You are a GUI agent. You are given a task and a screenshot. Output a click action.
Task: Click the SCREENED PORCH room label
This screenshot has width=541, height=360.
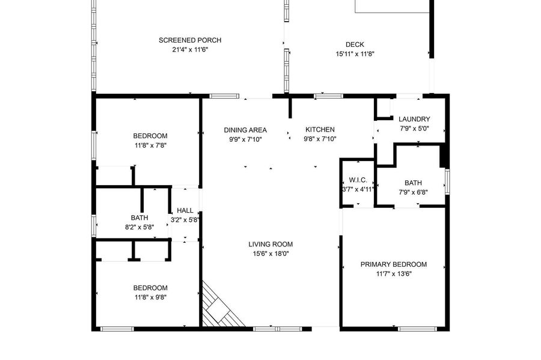(190, 40)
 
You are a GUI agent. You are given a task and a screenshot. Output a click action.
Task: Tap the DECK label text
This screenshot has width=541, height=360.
(355, 44)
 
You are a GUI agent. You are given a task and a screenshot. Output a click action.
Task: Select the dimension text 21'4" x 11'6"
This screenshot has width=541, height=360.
(190, 49)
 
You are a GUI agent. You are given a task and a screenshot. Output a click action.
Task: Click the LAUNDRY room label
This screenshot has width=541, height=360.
(414, 119)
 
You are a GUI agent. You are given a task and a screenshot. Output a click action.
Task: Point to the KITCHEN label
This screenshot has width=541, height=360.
(320, 129)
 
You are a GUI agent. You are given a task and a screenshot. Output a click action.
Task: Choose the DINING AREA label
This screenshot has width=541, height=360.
(245, 130)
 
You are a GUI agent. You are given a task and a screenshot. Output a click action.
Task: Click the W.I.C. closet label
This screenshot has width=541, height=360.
(358, 180)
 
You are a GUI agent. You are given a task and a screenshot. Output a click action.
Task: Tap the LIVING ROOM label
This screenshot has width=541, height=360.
(270, 244)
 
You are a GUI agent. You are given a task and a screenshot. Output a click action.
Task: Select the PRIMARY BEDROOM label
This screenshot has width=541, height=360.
(394, 264)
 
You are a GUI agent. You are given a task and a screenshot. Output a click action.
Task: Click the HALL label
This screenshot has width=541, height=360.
(185, 210)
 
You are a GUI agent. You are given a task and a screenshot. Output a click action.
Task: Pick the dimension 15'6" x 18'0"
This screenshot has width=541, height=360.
(270, 254)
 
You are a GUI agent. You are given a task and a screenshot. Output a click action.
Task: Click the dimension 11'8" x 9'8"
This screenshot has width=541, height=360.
(150, 297)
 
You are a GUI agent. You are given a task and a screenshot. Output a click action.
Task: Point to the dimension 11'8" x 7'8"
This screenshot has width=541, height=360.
(150, 145)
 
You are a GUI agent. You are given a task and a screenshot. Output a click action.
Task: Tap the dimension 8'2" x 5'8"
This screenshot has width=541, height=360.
(139, 227)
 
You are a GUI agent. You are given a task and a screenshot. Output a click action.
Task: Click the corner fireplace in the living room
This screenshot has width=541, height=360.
(221, 308)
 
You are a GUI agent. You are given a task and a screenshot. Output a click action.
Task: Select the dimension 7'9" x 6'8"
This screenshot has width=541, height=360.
(413, 192)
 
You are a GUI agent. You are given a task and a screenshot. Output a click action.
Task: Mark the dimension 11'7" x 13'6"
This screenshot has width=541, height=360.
(394, 274)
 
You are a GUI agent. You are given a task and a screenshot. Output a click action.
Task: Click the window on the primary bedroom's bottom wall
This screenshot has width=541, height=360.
(417, 329)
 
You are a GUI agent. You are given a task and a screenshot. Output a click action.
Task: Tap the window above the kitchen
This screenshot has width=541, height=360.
(328, 96)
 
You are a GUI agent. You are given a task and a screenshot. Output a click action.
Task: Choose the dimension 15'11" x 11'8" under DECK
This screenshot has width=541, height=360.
(355, 54)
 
